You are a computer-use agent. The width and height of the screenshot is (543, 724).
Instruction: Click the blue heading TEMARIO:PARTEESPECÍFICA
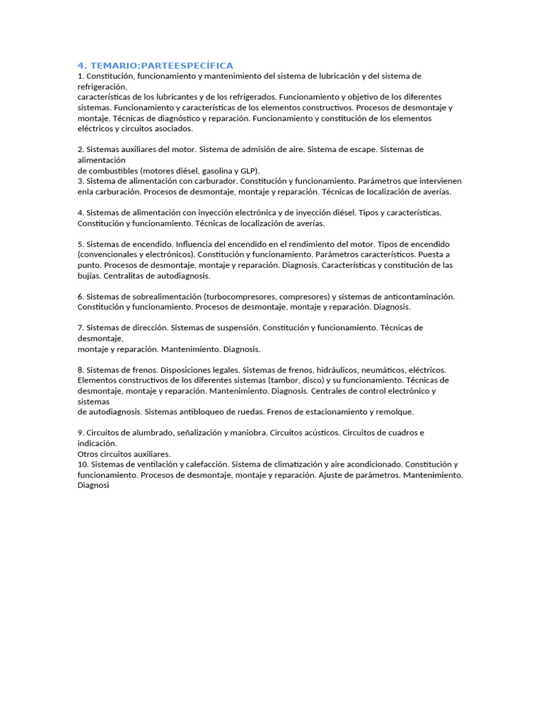click(155, 65)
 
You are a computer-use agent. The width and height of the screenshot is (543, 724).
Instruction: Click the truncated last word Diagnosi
click(93, 486)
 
